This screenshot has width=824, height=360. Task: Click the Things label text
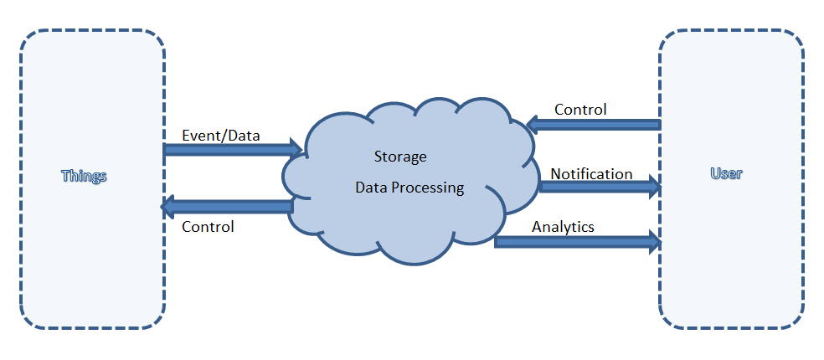85,177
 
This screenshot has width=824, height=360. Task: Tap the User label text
726,174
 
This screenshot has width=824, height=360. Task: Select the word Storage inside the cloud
399,157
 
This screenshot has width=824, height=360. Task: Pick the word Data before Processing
371,188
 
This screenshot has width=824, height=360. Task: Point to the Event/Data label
221,134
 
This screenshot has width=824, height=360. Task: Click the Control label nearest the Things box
208,226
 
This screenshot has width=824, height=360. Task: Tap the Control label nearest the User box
580,110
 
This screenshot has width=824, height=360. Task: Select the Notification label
591,174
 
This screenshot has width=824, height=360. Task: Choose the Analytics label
563,226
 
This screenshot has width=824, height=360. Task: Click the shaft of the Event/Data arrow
226,150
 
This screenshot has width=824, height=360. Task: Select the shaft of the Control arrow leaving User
599,125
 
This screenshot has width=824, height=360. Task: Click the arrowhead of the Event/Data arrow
295,150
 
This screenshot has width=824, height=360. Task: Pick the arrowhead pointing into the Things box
168,206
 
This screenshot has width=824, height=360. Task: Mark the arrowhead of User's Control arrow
533,125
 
